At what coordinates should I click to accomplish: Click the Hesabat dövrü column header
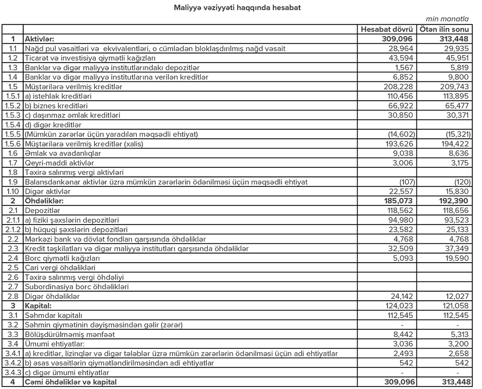[x=387, y=30]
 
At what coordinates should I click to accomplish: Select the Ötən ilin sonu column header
[x=442, y=30]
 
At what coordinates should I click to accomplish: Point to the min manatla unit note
[x=447, y=20]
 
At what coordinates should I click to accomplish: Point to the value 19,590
[x=456, y=258]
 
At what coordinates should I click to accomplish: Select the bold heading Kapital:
[x=39, y=306]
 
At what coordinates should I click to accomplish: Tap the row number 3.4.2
[x=12, y=363]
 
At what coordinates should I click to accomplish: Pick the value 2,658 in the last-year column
[x=458, y=353]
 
